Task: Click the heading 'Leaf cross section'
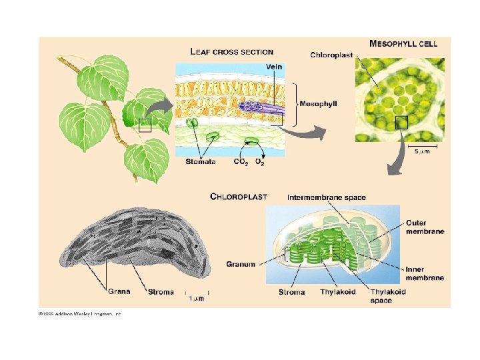pos(231,51)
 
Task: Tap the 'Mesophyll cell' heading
pos(403,43)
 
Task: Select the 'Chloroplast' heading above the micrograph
pos(239,197)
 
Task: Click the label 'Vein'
pos(273,67)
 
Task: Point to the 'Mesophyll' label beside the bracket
pos(319,104)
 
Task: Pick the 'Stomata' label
pos(200,161)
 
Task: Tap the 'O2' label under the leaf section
pos(260,161)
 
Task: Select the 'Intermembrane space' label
pos(326,197)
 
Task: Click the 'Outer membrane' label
pos(425,227)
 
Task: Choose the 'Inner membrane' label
pos(425,273)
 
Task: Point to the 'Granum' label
pos(241,265)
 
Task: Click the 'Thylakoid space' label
pos(388,296)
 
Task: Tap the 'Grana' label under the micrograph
pos(119,291)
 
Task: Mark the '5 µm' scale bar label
pos(423,152)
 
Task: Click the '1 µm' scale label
pos(196,298)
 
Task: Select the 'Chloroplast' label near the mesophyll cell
pos(331,55)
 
